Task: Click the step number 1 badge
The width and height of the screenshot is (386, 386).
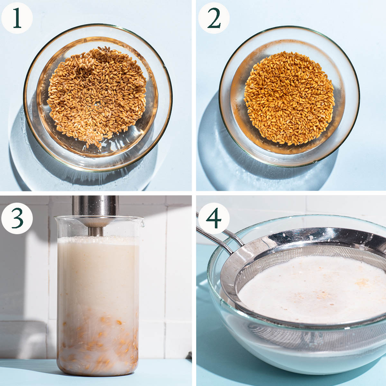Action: tap(17, 18)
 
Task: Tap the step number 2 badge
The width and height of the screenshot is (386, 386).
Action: tap(214, 18)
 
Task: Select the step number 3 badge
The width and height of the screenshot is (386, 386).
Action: tap(17, 218)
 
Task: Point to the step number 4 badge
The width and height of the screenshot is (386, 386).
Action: tap(214, 218)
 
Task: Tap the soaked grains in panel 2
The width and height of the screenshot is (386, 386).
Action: tap(289, 98)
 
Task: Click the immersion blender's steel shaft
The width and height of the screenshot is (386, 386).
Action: tap(95, 206)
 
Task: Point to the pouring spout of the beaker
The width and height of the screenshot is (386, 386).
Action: tap(142, 223)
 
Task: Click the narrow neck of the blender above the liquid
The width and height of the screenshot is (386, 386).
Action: tap(96, 231)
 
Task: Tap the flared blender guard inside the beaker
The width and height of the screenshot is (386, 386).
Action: tap(96, 223)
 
